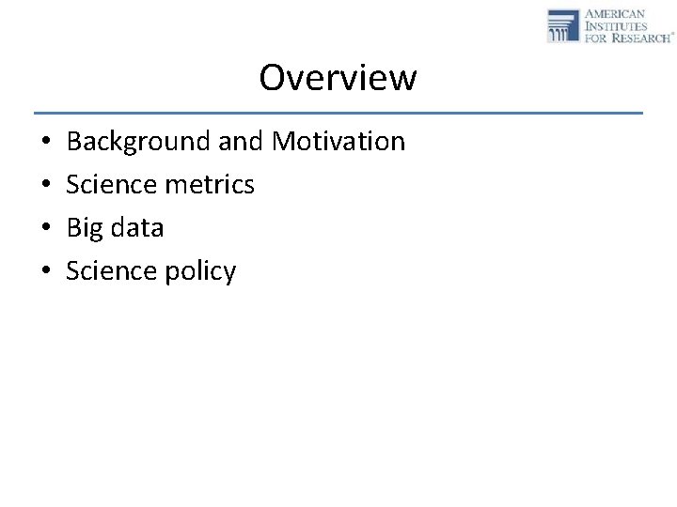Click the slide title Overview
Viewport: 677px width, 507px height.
pos(338,78)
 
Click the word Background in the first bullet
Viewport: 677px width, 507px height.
pos(139,142)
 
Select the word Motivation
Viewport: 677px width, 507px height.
pos(338,142)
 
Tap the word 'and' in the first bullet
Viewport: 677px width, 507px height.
pos(242,142)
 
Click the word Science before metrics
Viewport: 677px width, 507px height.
pos(112,185)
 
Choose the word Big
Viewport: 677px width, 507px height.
pos(84,228)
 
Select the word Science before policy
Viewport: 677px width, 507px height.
pos(112,271)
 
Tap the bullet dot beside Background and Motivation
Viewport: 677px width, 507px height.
pos(46,143)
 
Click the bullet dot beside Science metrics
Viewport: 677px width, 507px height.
pos(46,186)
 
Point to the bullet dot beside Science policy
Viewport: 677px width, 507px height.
pos(46,272)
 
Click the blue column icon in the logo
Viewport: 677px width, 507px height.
pos(563,25)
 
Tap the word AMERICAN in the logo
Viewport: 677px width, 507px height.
pos(615,14)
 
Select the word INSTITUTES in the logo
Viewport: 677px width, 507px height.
pos(617,26)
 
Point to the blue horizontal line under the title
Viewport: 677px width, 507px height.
pos(338,113)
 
